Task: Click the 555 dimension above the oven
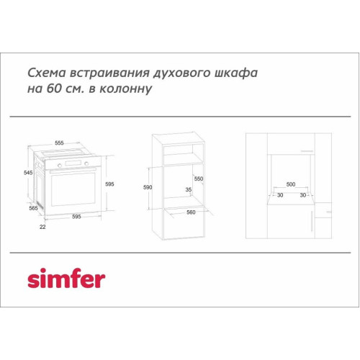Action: [59, 143]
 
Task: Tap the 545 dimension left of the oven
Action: [28, 173]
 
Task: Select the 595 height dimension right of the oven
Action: [109, 184]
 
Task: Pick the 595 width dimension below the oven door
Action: [76, 217]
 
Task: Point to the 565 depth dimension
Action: [33, 208]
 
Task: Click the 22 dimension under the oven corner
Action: [42, 227]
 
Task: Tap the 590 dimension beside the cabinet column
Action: [148, 187]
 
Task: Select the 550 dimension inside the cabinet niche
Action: [199, 179]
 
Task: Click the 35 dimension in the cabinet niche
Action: [189, 189]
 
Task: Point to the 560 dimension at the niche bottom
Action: [191, 212]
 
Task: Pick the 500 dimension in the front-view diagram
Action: [291, 184]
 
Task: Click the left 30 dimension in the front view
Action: [280, 195]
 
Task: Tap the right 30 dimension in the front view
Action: [303, 195]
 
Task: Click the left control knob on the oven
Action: [60, 166]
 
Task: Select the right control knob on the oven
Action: [86, 163]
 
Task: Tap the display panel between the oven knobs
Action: [73, 163]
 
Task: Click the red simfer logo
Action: [66, 278]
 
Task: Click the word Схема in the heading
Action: [47, 73]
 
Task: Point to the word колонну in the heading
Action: [126, 89]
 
